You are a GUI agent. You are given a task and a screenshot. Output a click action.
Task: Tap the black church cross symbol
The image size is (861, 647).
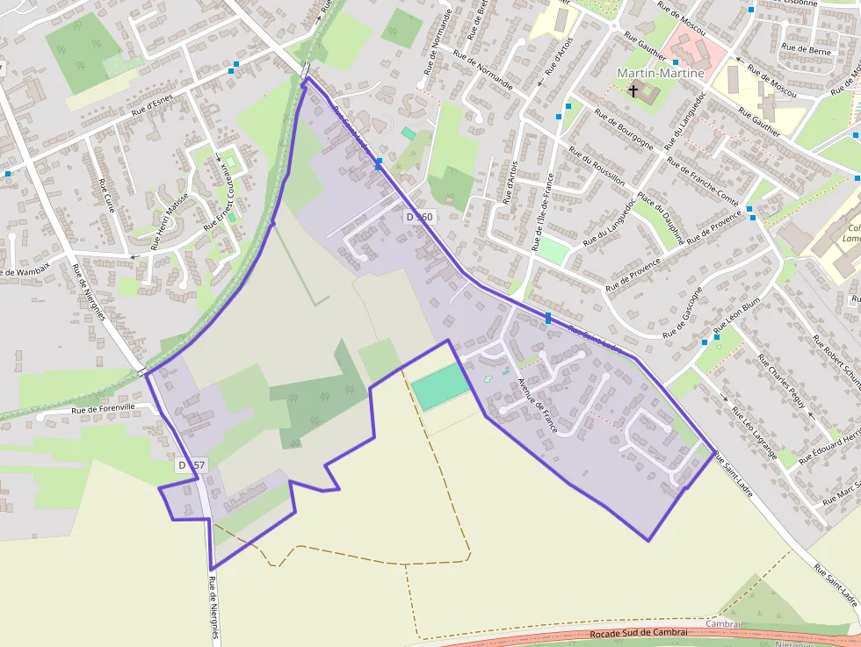pos(633,90)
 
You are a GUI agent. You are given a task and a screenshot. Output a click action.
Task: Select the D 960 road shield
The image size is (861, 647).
pos(419,216)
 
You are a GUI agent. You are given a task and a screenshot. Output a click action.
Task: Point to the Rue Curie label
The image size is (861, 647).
pos(107,196)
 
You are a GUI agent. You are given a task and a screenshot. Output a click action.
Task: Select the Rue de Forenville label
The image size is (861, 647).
pos(104,407)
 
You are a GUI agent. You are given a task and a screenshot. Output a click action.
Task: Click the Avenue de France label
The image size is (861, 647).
pos(538,406)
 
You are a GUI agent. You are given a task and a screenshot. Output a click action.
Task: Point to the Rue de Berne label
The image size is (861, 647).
pos(806,51)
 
